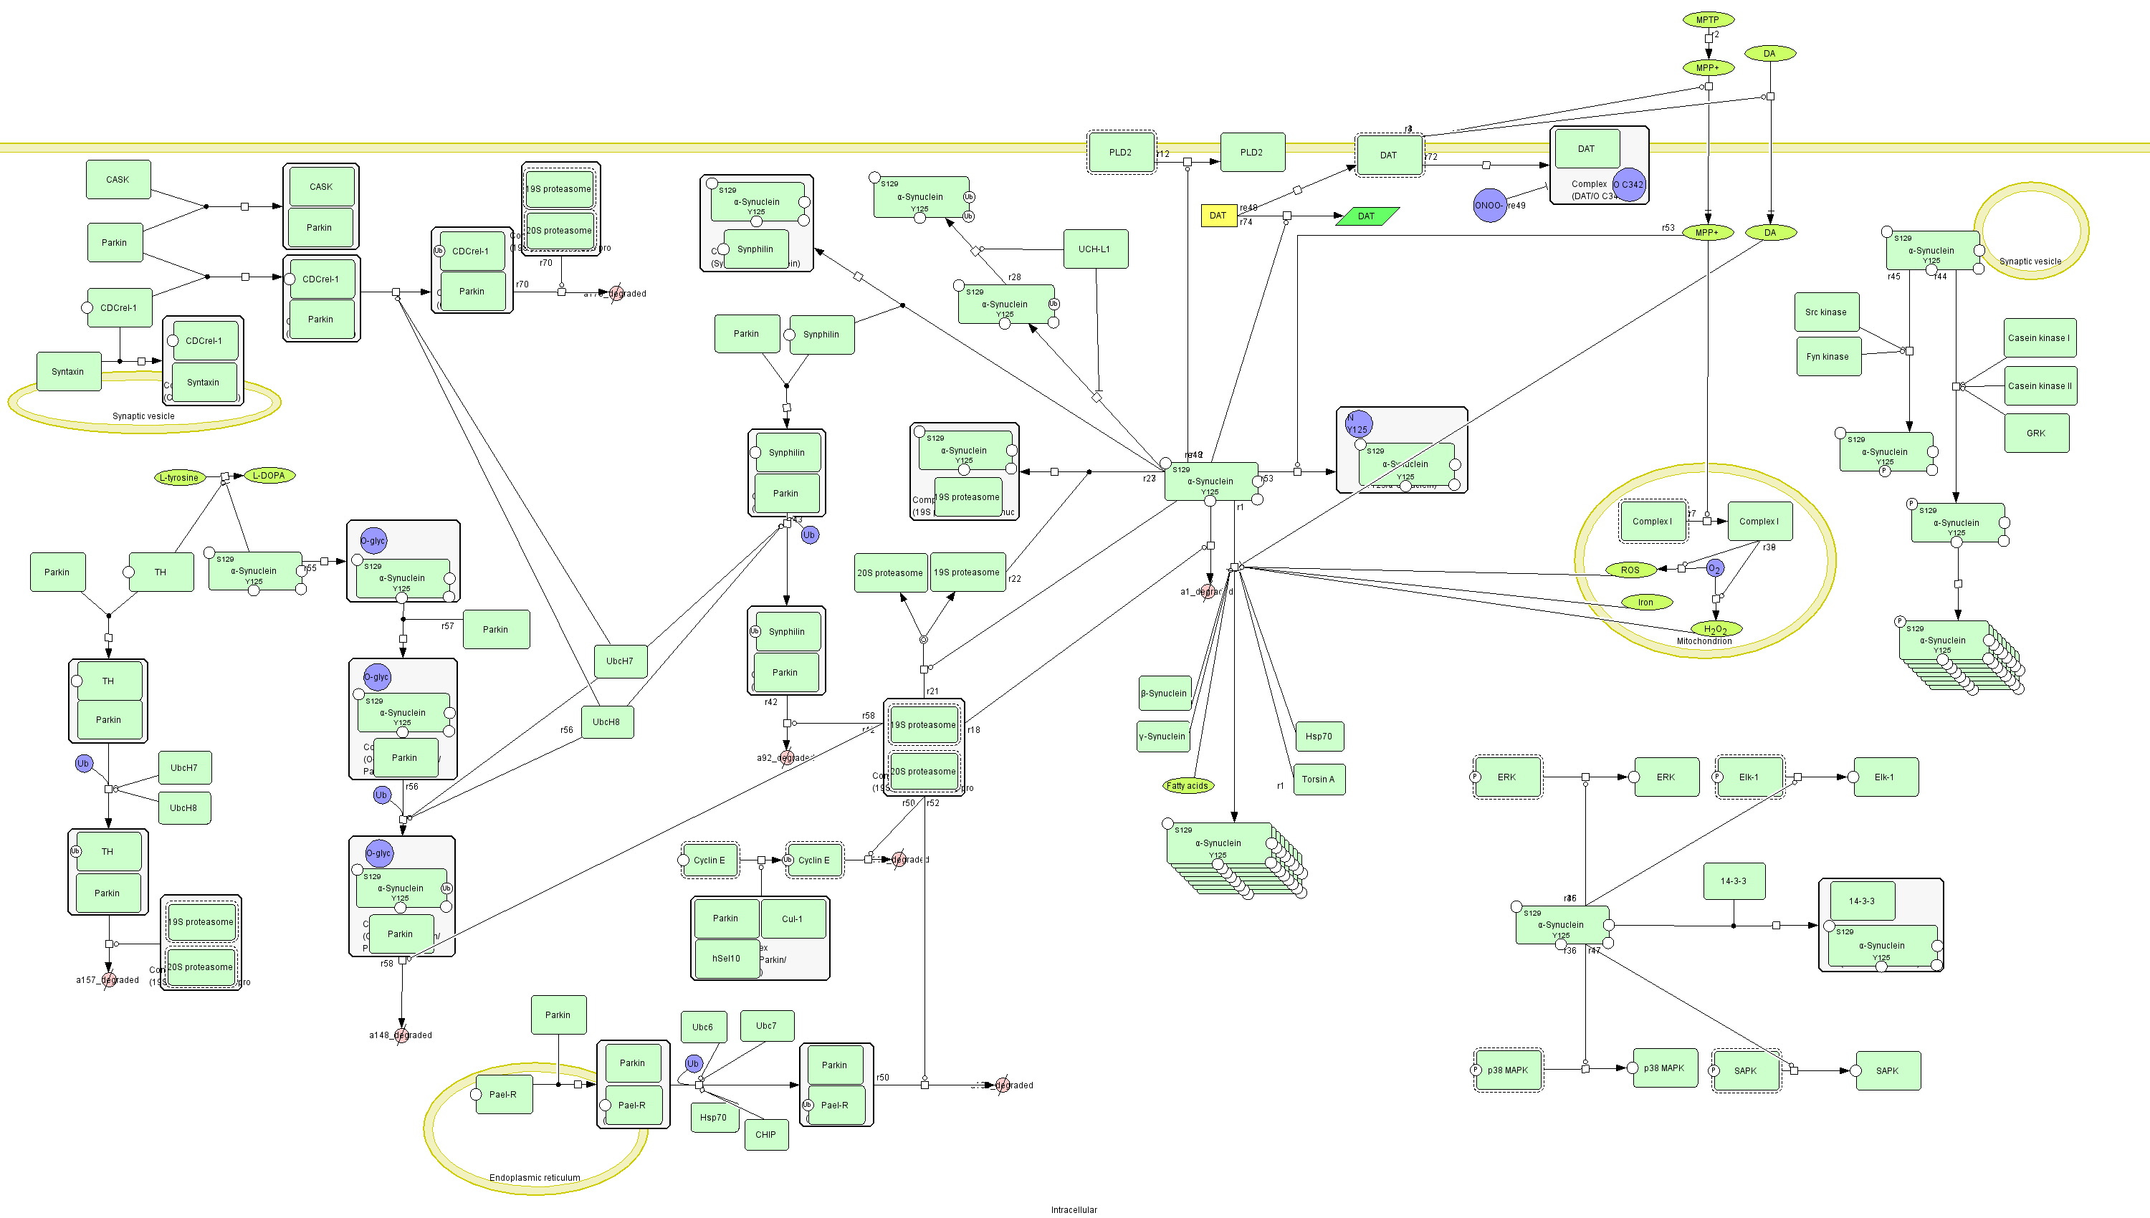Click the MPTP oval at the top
[1707, 19]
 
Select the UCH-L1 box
[1095, 249]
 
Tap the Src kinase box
[1826, 312]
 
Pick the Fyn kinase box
[1828, 356]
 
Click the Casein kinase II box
[2040, 385]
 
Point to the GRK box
[2035, 433]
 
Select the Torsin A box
[1319, 779]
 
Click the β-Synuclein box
[1164, 693]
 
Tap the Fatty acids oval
[1187, 785]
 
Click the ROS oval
[1630, 570]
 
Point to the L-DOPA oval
[269, 475]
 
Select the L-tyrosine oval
[180, 478]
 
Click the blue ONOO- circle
[1489, 205]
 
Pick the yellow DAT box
[1218, 216]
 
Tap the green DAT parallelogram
[1366, 216]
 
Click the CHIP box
[765, 1134]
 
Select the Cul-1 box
[792, 919]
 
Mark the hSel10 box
[726, 958]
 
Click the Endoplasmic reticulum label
[535, 1177]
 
